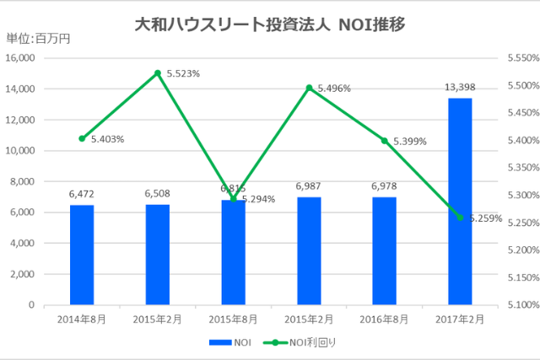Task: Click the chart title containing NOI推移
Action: [270, 24]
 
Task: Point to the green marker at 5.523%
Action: [157, 73]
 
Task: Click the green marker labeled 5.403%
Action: [82, 138]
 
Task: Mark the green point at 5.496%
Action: [309, 88]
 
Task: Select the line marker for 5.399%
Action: [385, 141]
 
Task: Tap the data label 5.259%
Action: [484, 218]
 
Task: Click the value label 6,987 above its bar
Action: [309, 185]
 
